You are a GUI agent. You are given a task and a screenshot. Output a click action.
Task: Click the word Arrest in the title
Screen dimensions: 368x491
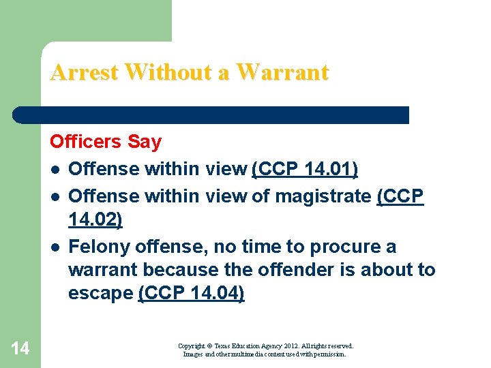coord(83,72)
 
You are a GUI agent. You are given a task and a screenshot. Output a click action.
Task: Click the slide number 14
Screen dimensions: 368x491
coord(20,349)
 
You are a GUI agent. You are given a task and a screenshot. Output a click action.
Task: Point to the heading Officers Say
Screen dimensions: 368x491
coord(106,142)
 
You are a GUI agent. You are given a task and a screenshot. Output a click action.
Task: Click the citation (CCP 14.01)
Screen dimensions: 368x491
coord(305,168)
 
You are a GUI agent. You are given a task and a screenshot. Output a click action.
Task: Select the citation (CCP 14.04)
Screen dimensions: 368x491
coord(191,293)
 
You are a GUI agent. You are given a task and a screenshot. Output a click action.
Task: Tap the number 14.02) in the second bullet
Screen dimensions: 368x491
coord(95,219)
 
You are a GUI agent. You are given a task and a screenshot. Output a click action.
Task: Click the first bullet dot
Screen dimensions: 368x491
coord(53,169)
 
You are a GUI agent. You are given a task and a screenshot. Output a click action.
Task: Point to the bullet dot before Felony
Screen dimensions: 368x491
coord(53,247)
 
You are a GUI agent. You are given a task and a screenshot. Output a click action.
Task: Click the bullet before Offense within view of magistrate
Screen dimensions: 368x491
coord(53,197)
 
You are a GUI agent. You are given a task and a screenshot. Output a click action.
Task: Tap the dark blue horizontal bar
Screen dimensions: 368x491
coord(211,114)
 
